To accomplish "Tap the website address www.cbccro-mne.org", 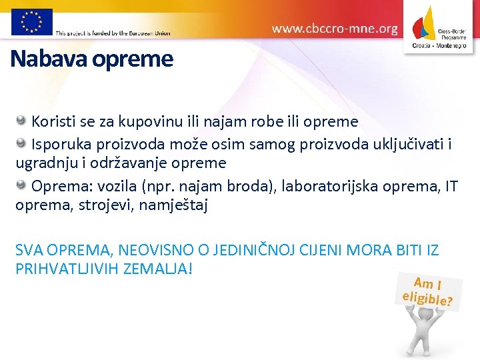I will [x=335, y=29].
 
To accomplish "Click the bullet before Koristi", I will [x=21, y=121].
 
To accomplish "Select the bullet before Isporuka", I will [x=21, y=142].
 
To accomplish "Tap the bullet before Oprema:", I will [x=21, y=185].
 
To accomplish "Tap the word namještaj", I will [x=175, y=206].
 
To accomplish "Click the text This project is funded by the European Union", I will [x=113, y=33].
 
